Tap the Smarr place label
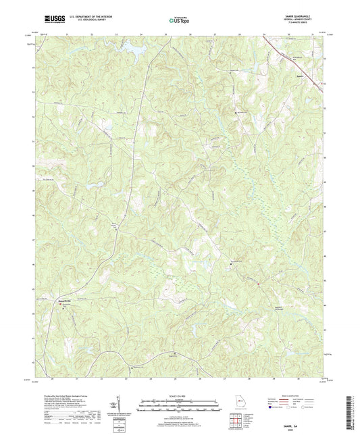(300, 76)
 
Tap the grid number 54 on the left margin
(34, 68)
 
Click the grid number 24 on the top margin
(140, 33)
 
